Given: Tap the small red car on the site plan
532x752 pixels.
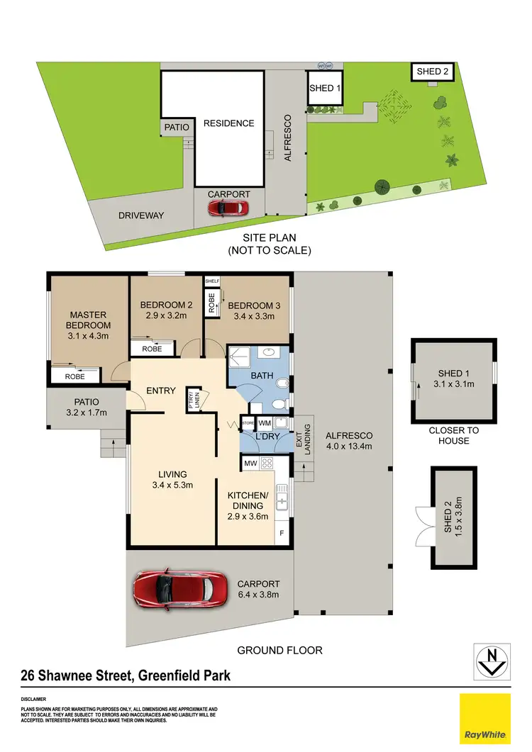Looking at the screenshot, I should (x=228, y=208).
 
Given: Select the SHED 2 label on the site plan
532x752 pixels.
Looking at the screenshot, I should (x=433, y=71).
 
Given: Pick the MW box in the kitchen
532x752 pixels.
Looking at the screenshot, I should (x=250, y=464).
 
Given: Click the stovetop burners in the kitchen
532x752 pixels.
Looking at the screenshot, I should (x=268, y=464).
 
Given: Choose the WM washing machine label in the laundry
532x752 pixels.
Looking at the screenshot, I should (x=264, y=423).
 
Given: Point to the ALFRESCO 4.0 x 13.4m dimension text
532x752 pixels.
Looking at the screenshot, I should (x=348, y=447).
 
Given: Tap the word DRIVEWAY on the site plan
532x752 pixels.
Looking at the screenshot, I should (x=141, y=215).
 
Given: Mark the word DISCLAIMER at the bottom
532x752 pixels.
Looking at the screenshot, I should (x=35, y=700).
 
